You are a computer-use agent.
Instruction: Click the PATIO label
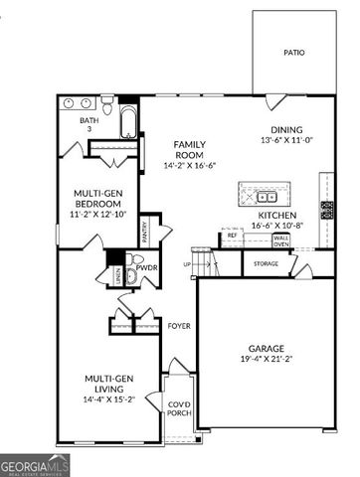293,52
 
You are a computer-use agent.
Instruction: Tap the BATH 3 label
89,125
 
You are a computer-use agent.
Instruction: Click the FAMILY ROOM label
189,148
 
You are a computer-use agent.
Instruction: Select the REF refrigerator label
231,236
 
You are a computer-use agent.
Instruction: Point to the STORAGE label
266,263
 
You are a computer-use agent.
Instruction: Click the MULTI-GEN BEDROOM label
96,200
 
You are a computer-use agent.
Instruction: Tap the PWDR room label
146,267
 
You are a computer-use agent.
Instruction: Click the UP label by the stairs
186,264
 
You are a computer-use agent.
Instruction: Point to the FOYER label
178,326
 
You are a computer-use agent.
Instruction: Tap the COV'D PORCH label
179,407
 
